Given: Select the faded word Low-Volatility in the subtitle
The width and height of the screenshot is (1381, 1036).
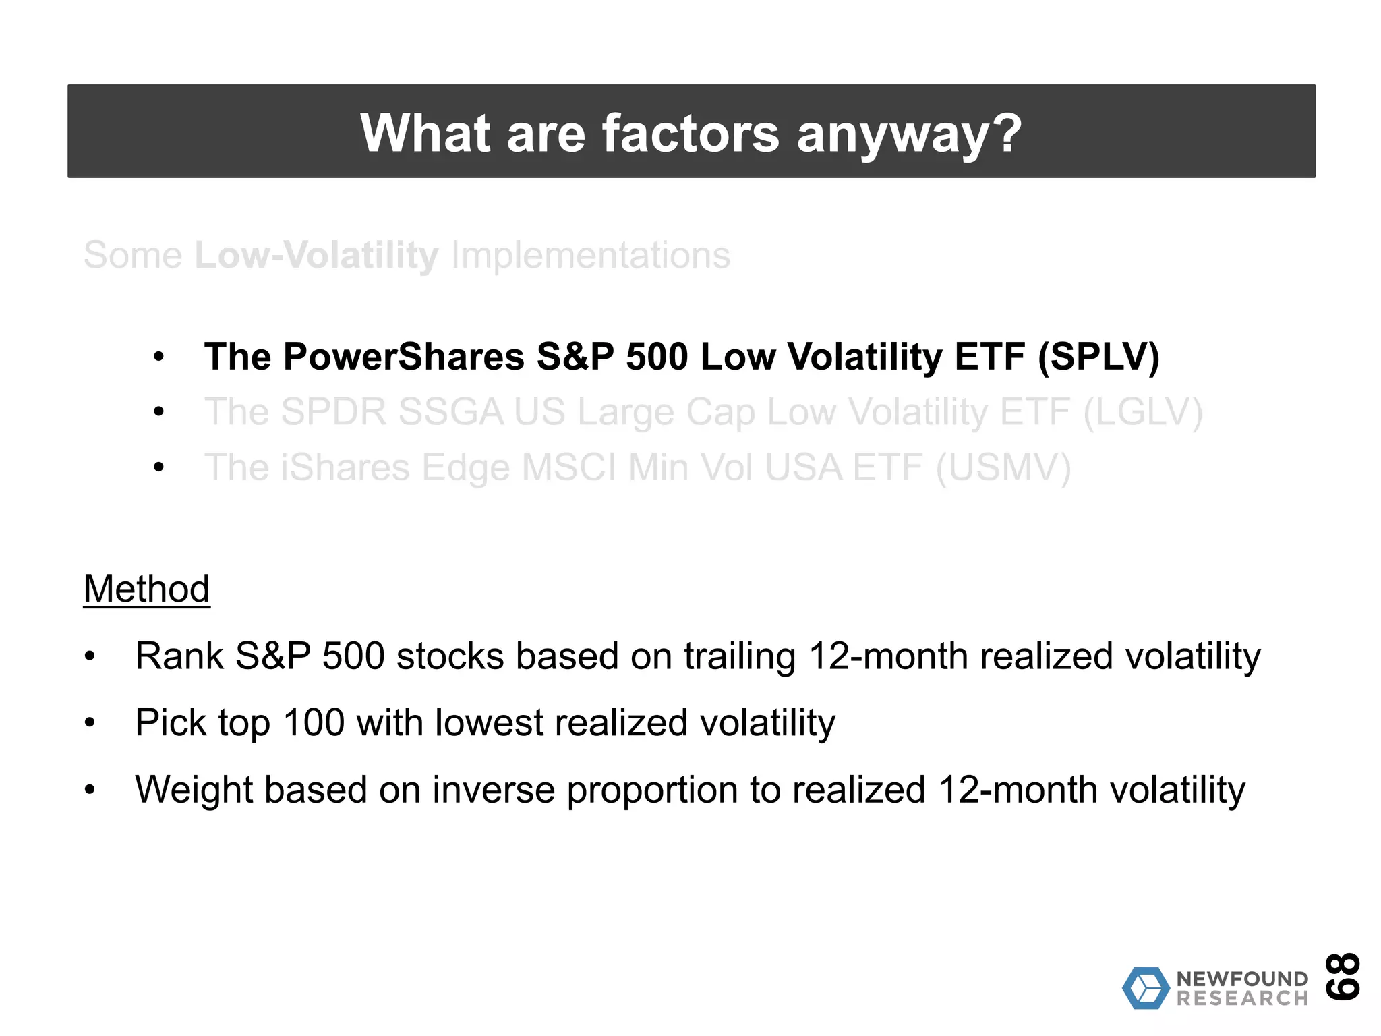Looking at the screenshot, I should [316, 256].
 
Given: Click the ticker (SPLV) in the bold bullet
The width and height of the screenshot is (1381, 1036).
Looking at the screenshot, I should [1098, 357].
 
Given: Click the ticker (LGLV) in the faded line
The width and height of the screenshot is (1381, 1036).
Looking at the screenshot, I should [1142, 412].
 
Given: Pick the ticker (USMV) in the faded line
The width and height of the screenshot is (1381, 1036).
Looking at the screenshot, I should [1003, 467].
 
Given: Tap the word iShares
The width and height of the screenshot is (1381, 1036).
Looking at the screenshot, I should [345, 467].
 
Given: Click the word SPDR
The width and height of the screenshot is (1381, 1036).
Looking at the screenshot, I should [333, 412].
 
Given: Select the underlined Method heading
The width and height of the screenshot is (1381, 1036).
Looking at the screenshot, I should [146, 589].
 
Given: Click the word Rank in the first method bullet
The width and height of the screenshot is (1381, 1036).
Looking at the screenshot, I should [179, 656].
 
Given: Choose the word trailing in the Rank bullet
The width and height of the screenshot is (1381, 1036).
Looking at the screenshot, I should [740, 656].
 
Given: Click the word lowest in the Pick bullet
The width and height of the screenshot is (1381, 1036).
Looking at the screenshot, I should [489, 723].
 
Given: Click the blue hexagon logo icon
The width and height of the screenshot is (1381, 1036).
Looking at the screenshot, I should [1146, 988].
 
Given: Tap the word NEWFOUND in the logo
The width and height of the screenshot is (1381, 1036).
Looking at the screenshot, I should [1242, 979].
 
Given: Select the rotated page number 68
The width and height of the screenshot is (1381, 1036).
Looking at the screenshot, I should [1343, 976].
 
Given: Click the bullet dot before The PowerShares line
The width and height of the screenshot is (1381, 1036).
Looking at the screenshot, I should [159, 357].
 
